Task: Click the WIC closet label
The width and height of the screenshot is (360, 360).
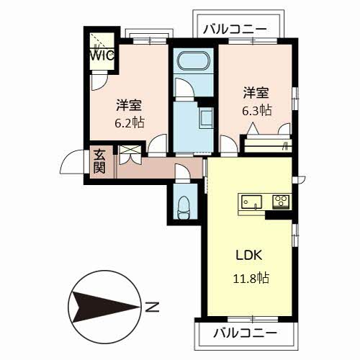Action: click(102, 55)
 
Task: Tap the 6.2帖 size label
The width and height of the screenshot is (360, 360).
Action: click(130, 123)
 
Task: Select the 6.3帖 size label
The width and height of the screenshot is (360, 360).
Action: click(257, 111)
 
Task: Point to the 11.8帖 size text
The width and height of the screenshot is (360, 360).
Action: click(251, 278)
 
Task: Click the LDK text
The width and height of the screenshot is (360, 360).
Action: click(249, 255)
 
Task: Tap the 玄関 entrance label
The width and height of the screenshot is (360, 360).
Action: click(99, 161)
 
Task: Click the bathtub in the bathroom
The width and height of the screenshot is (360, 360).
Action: click(193, 61)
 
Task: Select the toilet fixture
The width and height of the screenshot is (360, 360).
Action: click(184, 207)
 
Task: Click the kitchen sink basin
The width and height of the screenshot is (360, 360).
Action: click(251, 202)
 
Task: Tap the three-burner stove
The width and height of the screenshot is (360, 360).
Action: click(281, 202)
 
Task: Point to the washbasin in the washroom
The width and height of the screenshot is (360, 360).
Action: click(206, 118)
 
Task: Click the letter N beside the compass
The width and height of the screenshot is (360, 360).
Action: click(153, 307)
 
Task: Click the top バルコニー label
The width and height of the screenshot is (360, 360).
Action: click(235, 29)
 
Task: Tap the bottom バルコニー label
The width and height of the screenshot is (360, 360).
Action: click(246, 333)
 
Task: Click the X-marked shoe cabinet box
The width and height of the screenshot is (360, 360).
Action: click(130, 150)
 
